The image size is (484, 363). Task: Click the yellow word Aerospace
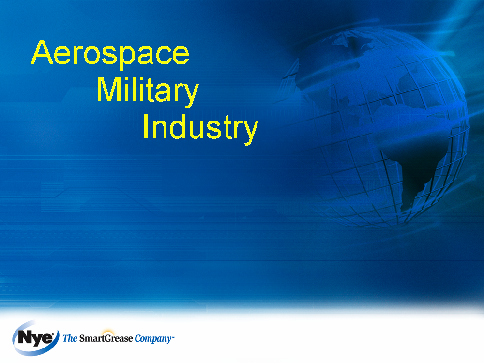coord(110,53)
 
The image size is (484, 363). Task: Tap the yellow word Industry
coord(200,127)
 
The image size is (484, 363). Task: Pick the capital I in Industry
coord(146,126)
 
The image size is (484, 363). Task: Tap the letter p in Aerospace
coord(121,57)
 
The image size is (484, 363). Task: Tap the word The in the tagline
coord(70,339)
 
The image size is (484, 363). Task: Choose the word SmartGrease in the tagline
coord(106,339)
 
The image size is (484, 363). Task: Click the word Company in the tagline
coord(153,339)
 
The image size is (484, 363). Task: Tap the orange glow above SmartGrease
coord(108,333)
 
